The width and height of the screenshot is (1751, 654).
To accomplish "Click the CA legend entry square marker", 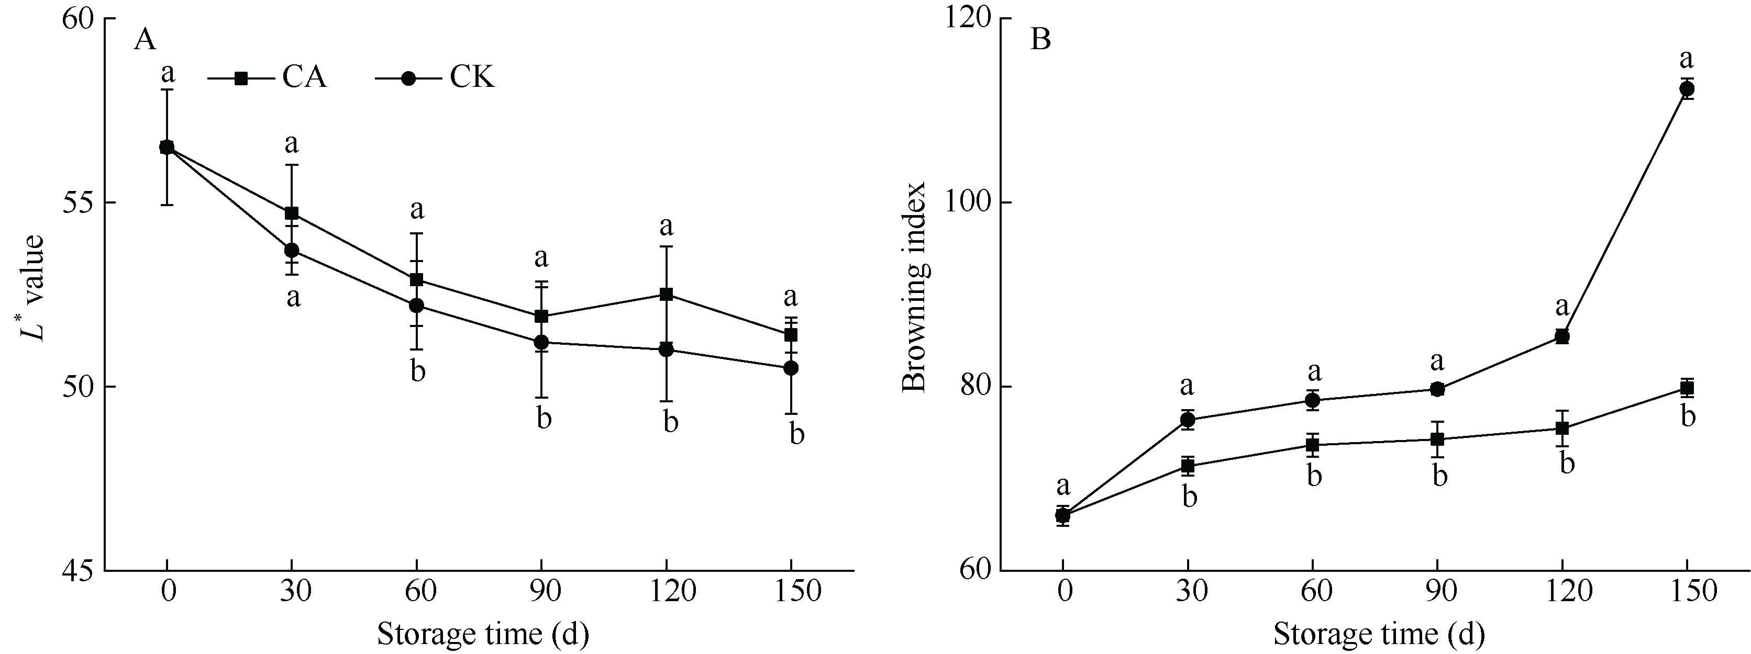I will (241, 78).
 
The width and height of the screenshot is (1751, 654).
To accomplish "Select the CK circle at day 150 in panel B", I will (1687, 89).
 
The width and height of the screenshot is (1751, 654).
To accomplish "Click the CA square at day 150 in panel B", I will (1687, 388).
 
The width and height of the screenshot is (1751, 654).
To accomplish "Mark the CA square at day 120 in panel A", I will (666, 294).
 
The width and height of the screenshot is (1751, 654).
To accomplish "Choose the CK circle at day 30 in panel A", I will (292, 251).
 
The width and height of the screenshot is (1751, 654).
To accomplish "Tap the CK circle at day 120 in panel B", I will (1562, 336).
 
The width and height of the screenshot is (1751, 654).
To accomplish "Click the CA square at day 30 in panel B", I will (1188, 466).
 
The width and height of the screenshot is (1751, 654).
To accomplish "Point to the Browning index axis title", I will (914, 287).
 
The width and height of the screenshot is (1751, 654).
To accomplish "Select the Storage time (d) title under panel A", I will (483, 634).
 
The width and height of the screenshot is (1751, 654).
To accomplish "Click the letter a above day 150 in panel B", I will (1687, 59).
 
